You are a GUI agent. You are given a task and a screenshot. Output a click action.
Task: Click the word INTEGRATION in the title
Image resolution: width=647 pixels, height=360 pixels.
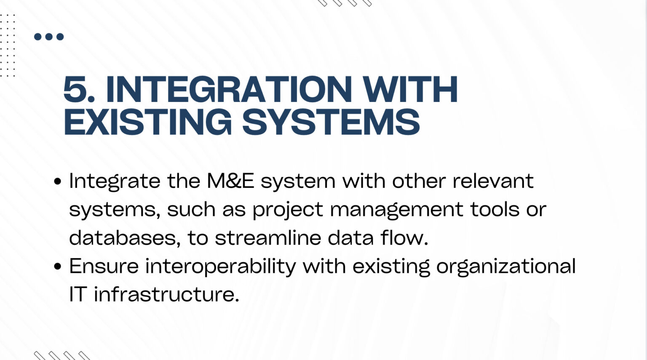229,89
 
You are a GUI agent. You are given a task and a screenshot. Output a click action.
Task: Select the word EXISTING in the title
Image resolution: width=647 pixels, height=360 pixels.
147,122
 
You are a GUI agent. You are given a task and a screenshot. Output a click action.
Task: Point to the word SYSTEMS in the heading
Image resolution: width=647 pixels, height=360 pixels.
331,122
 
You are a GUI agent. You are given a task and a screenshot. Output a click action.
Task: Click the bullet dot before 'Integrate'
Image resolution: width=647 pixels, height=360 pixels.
57,181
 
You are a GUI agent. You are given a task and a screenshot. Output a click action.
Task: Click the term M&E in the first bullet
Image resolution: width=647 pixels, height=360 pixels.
230,181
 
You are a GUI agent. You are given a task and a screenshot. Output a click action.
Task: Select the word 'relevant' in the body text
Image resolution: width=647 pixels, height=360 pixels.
493,181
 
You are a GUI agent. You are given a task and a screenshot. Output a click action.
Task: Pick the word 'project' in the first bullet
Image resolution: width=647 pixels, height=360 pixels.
288,209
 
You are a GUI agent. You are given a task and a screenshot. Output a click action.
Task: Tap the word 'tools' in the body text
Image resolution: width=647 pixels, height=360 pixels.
495,209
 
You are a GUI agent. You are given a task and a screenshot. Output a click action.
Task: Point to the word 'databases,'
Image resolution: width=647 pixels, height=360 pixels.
125,238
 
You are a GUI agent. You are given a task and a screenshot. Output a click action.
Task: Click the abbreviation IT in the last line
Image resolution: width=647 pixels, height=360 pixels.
78,294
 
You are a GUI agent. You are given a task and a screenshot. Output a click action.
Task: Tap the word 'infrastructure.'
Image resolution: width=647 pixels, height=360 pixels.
167,294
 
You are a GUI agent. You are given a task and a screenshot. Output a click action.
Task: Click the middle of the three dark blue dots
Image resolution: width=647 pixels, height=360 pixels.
49,37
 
